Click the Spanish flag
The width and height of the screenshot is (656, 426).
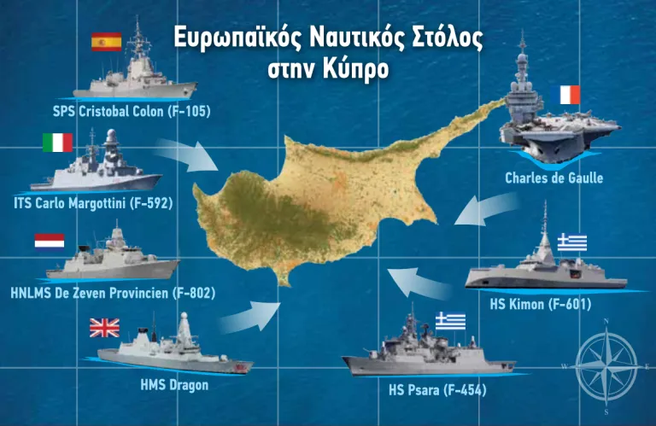107,41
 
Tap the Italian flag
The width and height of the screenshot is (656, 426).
57,143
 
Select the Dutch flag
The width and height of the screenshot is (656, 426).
50,240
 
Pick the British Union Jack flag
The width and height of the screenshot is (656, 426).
105,327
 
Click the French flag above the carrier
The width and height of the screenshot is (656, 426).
570,94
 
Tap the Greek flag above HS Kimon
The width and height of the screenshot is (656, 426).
572,242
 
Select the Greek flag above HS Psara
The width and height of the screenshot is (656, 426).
450,320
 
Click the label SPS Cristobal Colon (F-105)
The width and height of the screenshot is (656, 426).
132,112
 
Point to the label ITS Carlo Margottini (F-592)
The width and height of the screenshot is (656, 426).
94,203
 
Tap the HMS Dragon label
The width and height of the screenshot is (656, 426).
174,384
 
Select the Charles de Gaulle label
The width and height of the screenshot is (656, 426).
553,178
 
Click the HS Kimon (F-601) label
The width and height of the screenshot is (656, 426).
540,303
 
